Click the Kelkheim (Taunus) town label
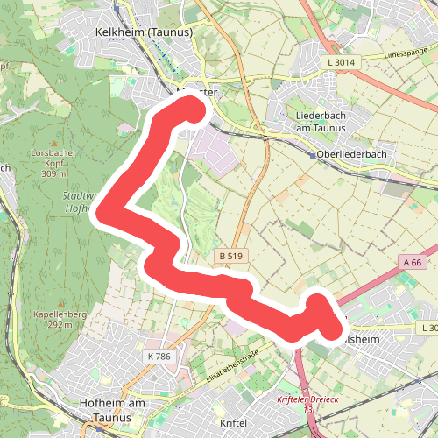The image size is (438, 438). click(x=144, y=32)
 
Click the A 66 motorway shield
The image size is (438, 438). click(x=413, y=262)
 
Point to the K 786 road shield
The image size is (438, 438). click(x=160, y=357)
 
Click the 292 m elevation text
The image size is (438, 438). click(x=60, y=324)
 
